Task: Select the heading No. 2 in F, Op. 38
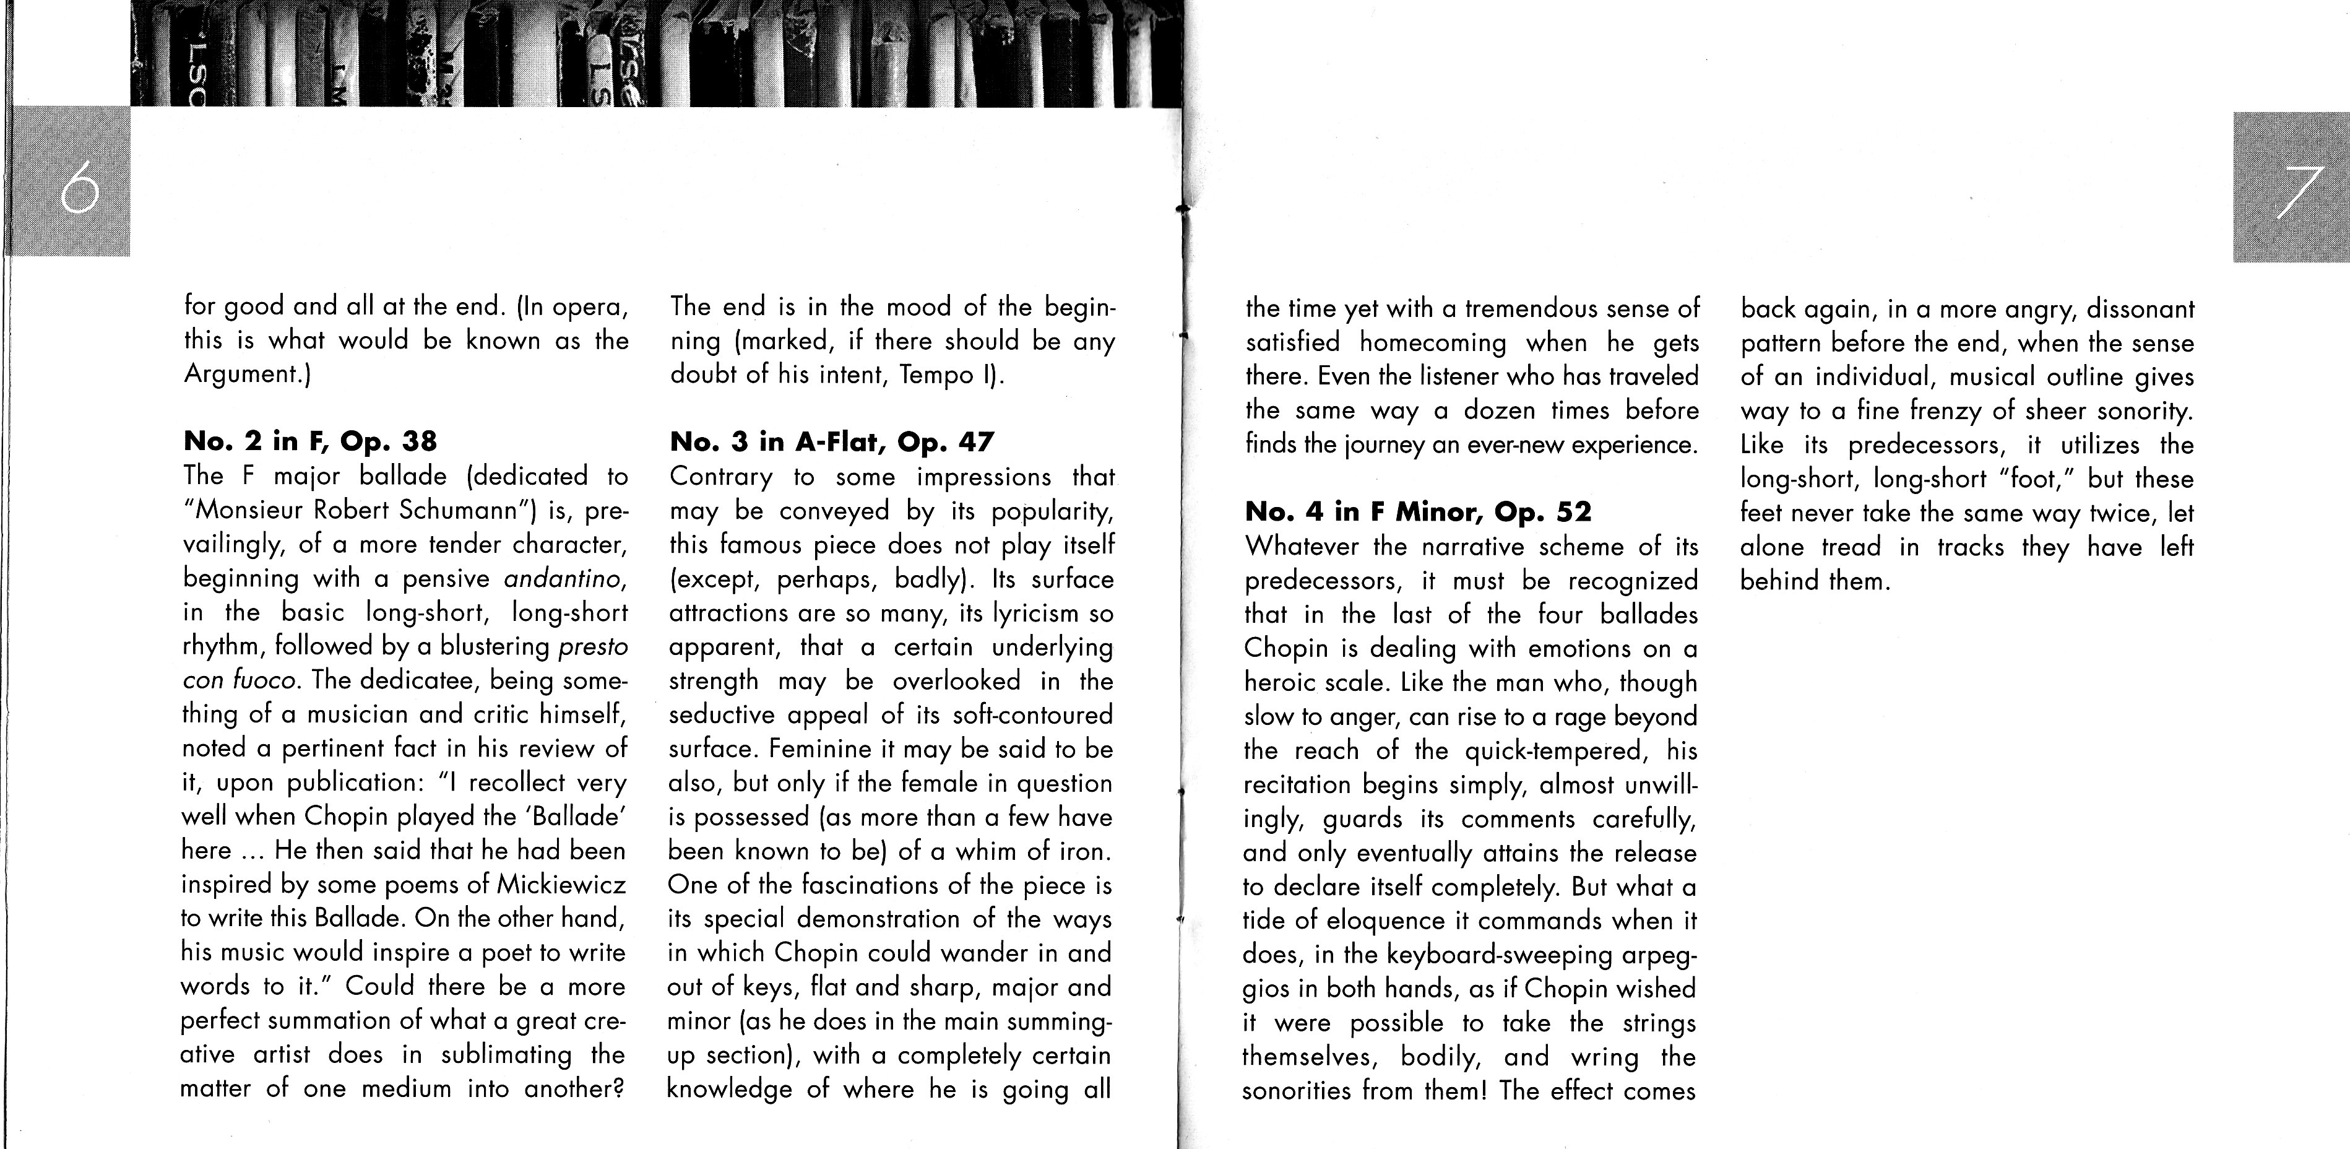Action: (x=310, y=442)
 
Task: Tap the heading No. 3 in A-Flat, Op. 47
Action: (x=831, y=442)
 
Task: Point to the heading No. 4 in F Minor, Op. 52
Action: (x=1418, y=512)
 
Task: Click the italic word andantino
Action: (x=566, y=579)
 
